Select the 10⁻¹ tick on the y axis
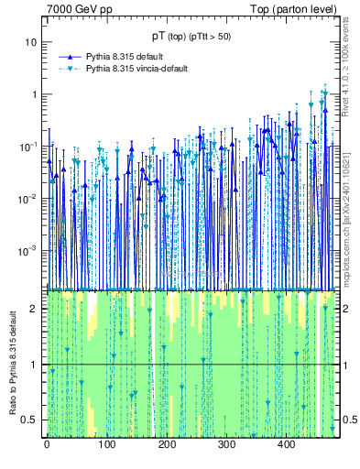point(29,147)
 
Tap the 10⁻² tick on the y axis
point(29,199)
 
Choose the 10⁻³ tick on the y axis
point(29,250)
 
